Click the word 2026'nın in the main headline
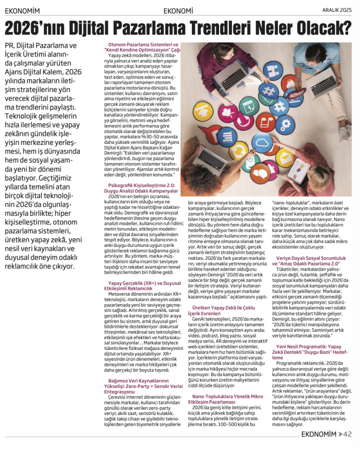click(39, 27)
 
